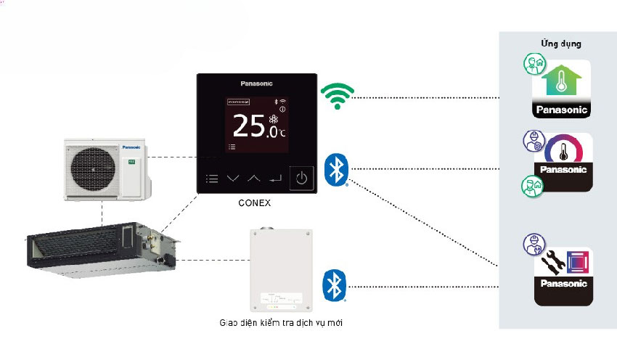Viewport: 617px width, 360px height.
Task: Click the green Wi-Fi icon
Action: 337,96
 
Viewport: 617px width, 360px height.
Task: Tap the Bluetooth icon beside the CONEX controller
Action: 335,169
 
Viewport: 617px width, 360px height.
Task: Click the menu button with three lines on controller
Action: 211,178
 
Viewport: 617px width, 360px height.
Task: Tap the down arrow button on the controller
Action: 232,178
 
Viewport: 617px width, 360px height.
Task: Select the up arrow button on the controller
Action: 253,178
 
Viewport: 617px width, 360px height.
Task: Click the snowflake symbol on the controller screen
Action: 274,119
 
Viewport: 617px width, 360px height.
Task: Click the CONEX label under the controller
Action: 255,203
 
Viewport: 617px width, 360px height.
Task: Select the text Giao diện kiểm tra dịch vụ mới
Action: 280,322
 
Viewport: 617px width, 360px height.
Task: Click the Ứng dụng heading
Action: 560,44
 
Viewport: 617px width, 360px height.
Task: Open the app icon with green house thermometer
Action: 562,89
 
